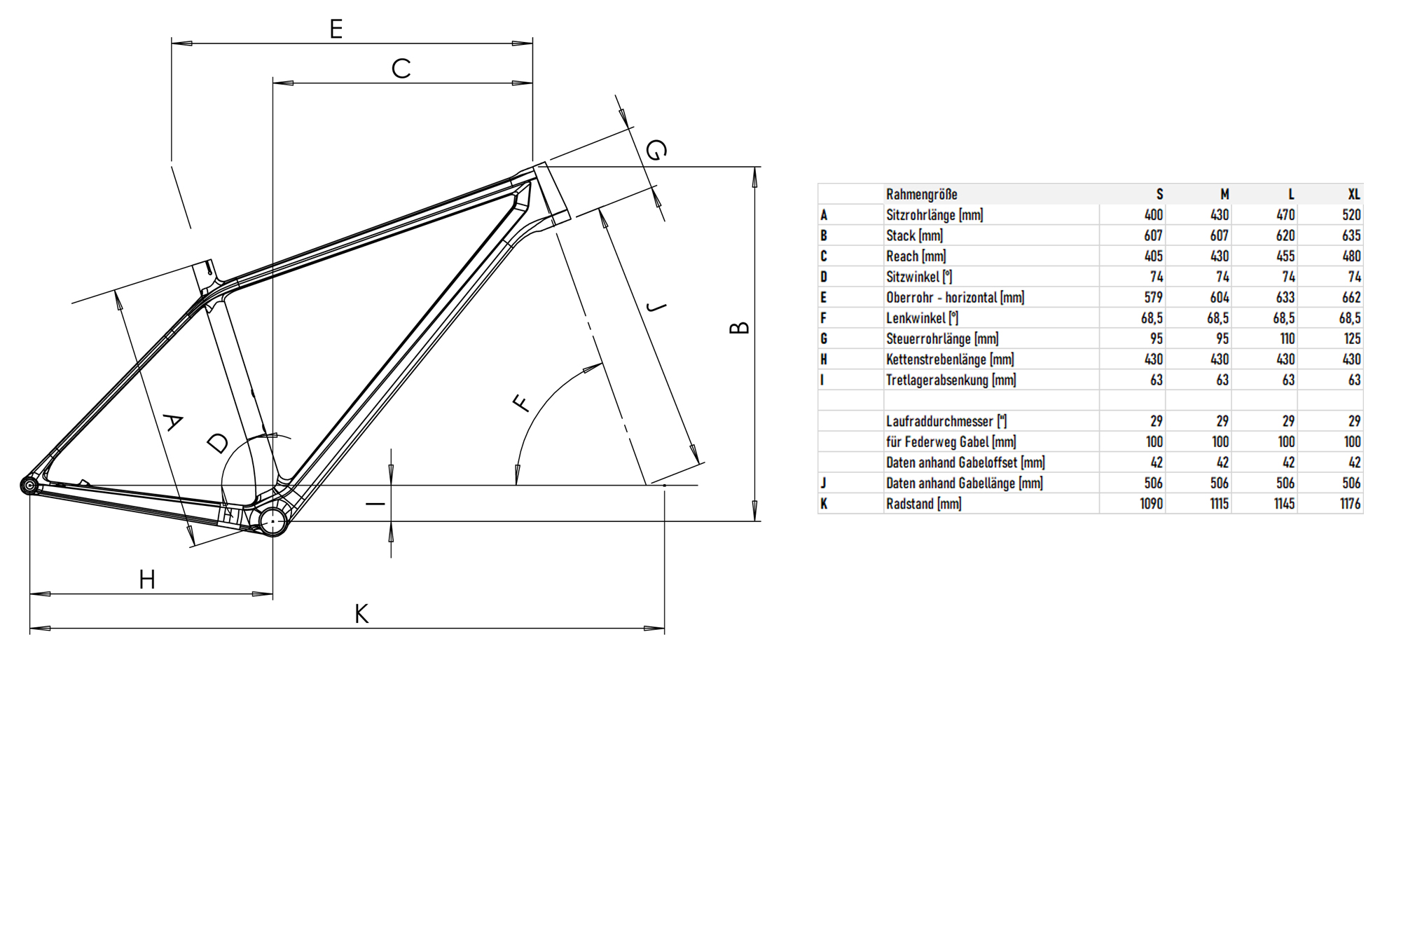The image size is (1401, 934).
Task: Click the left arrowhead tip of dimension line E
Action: click(x=172, y=43)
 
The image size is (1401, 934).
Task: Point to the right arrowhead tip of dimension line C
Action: click(x=532, y=83)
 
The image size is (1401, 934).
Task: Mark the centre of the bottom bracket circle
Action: click(x=272, y=521)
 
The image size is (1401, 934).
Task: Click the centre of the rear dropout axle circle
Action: click(x=29, y=485)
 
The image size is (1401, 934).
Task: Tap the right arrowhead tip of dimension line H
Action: click(x=272, y=594)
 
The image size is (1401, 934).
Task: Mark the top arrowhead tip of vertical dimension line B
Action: click(x=754, y=167)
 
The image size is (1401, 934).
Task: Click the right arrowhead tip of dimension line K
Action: click(x=664, y=629)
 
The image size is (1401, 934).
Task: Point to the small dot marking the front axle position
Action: click(x=664, y=485)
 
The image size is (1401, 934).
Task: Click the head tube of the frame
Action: click(x=552, y=192)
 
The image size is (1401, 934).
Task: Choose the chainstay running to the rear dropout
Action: click(x=140, y=502)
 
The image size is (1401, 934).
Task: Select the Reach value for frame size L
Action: click(x=1285, y=256)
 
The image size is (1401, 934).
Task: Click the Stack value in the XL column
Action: click(x=1351, y=235)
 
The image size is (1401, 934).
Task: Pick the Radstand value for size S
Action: click(x=1151, y=504)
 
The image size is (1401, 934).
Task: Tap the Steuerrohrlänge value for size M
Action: click(x=1222, y=338)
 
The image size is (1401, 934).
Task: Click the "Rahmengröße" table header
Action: click(x=921, y=194)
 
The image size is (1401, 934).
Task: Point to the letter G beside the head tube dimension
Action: click(x=656, y=150)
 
